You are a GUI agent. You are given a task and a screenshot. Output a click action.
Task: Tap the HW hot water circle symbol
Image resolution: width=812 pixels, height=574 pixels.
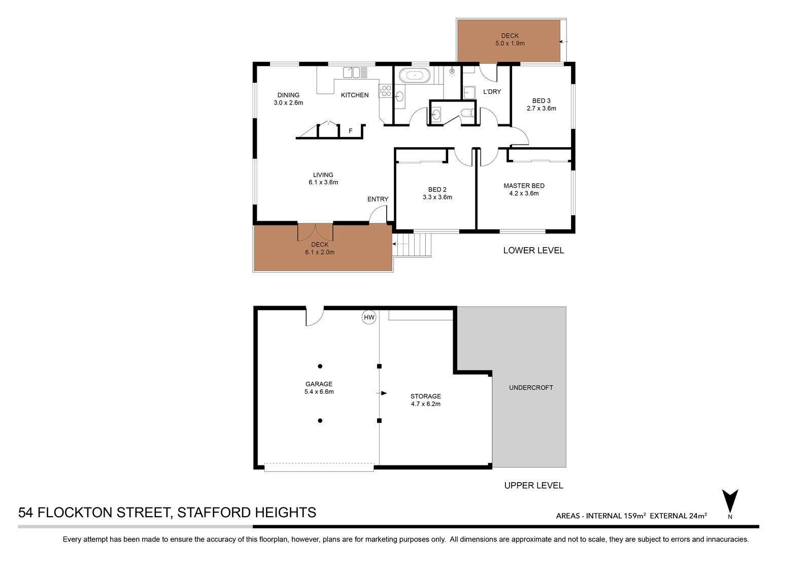369,318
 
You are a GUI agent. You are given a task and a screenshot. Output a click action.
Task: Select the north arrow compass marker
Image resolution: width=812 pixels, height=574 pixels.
730,501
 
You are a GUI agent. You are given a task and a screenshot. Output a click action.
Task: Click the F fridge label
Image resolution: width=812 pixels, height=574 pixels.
351,131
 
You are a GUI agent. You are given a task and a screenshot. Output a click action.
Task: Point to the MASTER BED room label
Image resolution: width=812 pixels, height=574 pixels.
524,186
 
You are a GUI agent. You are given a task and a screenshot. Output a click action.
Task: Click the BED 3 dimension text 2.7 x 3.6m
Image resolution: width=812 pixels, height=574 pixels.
541,108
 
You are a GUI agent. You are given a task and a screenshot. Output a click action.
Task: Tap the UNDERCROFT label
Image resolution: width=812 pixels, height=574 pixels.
531,388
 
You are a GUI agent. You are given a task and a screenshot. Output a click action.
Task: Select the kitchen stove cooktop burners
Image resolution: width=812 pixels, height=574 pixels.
386,91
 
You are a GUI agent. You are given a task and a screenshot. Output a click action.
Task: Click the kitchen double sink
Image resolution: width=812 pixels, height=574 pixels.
352,73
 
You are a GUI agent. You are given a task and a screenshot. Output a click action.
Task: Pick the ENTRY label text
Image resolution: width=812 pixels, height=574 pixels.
378,199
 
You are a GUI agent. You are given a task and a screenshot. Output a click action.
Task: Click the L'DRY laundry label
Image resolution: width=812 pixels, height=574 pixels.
492,92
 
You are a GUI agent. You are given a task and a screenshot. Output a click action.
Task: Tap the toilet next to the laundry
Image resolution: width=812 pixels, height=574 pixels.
468,114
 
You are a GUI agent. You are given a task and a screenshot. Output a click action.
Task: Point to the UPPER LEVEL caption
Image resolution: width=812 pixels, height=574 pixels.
533,486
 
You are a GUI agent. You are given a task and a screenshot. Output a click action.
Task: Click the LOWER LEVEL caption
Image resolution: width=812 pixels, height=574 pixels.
533,250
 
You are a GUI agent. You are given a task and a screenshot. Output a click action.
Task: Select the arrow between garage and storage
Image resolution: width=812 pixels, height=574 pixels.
382,393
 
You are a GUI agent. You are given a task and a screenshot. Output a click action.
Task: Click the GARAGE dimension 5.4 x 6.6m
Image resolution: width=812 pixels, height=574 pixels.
319,392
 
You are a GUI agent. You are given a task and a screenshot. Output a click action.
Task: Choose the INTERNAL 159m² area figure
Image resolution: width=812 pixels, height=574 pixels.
616,516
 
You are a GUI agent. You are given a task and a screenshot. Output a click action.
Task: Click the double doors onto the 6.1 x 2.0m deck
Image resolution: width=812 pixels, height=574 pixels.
315,232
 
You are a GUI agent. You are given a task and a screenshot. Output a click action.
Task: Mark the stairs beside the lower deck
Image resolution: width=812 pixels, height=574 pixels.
412,245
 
